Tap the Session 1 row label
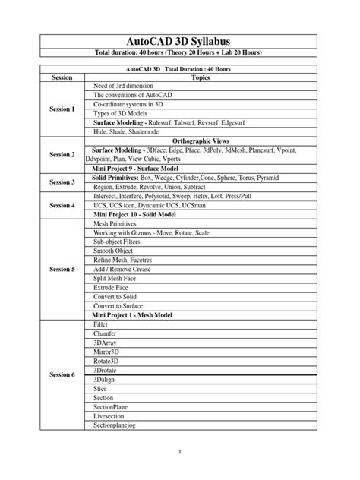pos(62,109)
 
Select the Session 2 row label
pos(62,154)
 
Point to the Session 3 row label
pos(62,182)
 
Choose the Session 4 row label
pos(62,206)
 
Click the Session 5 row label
pos(62,269)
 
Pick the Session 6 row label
pos(62,374)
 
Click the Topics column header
pos(201,77)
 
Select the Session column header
pos(62,77)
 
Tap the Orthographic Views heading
pos(201,141)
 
